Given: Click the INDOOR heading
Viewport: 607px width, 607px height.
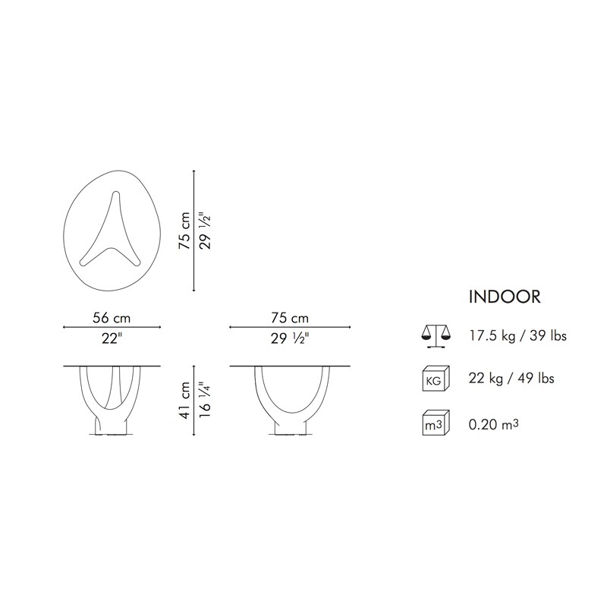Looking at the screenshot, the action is click(505, 297).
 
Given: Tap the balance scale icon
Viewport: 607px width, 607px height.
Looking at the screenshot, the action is click(436, 335).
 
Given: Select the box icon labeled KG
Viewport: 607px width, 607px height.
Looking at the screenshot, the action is click(436, 378).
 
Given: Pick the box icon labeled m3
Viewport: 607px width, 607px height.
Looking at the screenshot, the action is click(436, 423).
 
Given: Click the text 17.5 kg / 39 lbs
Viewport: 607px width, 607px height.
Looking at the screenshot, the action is click(518, 335).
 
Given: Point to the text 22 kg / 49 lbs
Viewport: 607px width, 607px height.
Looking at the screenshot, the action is click(511, 378).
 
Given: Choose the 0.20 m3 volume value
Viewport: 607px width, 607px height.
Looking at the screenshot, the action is click(494, 424).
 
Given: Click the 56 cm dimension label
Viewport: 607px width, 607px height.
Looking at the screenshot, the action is click(112, 318).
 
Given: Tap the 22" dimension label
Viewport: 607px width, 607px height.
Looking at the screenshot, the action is click(112, 338).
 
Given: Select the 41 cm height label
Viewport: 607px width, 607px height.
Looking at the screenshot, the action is click(185, 400).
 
